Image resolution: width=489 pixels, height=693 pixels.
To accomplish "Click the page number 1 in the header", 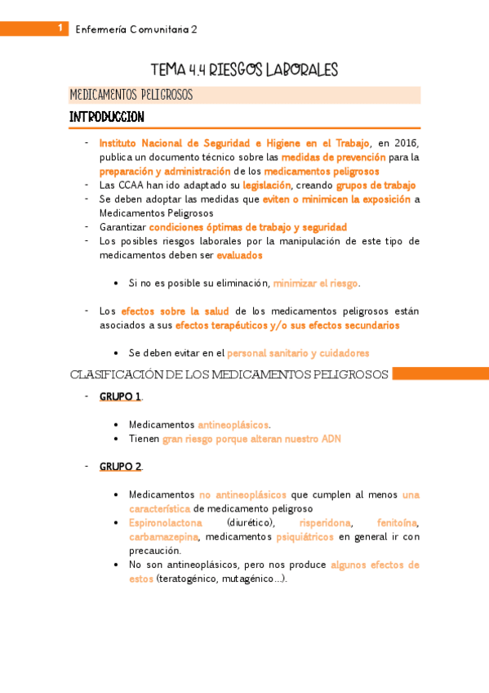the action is [60, 28].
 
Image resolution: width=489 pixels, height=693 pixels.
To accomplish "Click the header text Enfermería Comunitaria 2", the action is [136, 29].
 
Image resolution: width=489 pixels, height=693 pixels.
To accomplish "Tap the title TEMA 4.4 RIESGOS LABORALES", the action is [244, 70].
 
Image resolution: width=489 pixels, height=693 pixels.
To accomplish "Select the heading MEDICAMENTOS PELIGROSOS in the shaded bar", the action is [131, 96].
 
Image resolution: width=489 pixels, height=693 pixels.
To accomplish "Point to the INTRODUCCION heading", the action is [107, 118].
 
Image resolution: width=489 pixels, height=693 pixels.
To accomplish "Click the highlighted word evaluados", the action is [239, 255].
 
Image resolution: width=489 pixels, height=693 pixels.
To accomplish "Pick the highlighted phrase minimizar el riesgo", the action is [316, 283].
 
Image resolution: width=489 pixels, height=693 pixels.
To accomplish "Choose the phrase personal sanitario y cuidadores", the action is [298, 353].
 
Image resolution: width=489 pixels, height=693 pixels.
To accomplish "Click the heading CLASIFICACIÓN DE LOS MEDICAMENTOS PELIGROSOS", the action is [229, 375].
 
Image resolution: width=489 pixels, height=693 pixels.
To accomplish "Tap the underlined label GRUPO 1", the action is [120, 396].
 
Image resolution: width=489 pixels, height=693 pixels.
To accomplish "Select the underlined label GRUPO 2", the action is [120, 466].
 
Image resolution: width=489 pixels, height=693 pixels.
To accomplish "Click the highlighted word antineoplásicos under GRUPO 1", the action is [233, 425].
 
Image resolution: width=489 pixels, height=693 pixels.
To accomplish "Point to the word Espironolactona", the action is [166, 523].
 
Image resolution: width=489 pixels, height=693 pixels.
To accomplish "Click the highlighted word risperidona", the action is [325, 523].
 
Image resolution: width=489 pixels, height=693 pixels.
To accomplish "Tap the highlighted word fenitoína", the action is [398, 523].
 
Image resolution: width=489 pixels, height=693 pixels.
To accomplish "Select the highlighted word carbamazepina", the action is [163, 537].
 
